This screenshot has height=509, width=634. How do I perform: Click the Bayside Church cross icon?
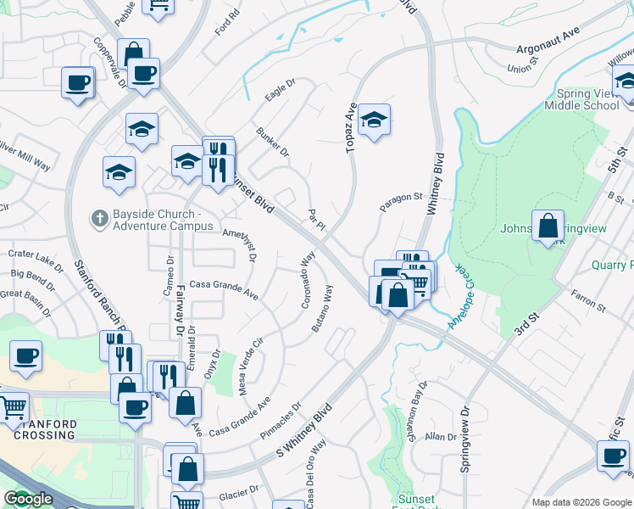(x=99, y=219)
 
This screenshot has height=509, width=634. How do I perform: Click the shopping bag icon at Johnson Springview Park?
(x=548, y=227)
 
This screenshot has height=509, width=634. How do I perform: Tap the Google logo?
(x=28, y=499)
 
